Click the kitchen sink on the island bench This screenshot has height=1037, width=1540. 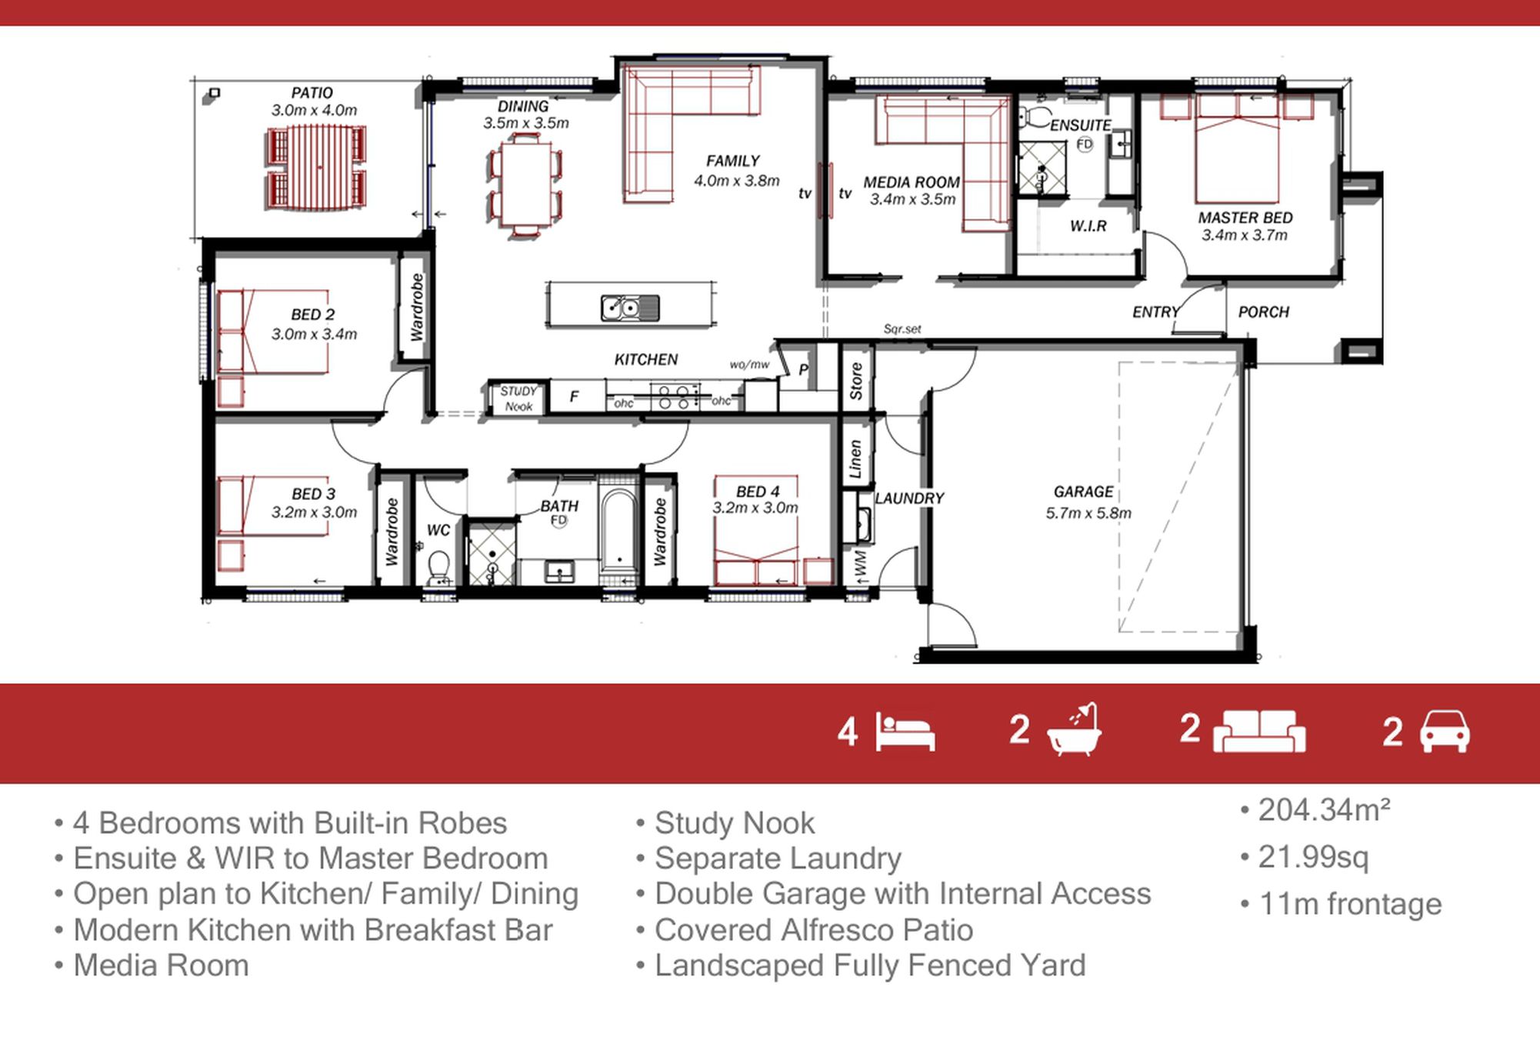tap(630, 308)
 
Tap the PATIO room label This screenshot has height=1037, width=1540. tap(312, 92)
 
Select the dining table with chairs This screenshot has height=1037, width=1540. tap(525, 184)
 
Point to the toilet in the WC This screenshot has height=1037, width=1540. tap(439, 567)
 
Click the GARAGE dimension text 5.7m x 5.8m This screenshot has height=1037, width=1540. tap(1088, 513)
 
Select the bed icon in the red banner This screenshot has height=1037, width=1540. tap(905, 732)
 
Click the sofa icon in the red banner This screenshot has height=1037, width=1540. tap(1259, 731)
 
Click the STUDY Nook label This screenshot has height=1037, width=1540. tap(518, 398)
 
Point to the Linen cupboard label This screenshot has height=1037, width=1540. tap(855, 459)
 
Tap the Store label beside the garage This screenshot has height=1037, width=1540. tap(856, 382)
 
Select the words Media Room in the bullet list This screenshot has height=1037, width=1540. tap(161, 965)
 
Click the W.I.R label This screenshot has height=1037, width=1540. tap(1088, 226)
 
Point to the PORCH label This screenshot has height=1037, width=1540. tap(1264, 312)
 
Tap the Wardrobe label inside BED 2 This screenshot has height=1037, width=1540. tap(417, 307)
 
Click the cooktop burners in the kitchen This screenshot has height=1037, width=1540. tap(675, 397)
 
